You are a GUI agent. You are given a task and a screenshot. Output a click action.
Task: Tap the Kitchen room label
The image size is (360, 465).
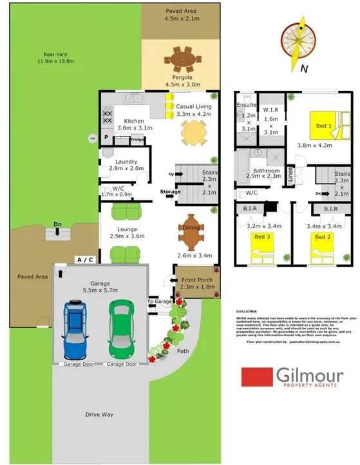(x=134, y=121)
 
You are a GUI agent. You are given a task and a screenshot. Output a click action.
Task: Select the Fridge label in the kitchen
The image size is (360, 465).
(x=137, y=139)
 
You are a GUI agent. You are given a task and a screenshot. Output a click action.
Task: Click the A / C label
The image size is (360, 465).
(x=85, y=259)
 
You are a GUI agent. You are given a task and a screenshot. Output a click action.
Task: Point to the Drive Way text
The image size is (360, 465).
(x=99, y=414)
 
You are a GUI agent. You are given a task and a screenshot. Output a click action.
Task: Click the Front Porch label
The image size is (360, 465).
(x=197, y=279)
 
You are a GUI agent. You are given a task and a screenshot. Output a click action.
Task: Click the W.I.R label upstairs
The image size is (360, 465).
(x=270, y=109)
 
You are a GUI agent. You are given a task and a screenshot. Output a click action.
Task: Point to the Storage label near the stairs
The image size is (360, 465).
(x=170, y=191)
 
